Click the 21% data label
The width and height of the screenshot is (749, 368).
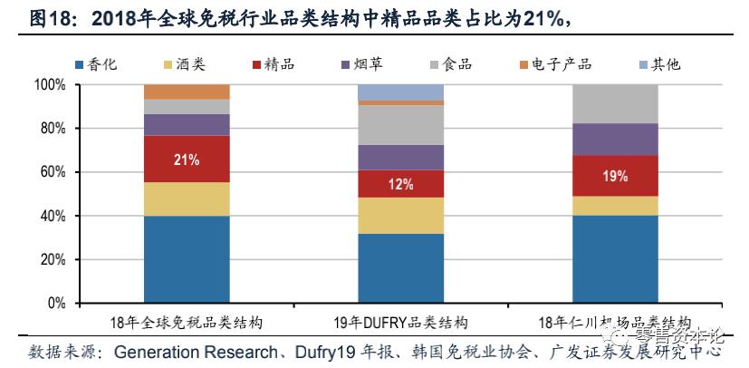tap(187, 160)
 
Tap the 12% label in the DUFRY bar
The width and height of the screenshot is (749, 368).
tap(401, 184)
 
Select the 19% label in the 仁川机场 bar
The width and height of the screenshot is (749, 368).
tap(615, 176)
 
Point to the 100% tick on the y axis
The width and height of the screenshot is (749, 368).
tap(51, 85)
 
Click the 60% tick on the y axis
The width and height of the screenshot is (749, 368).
tap(53, 172)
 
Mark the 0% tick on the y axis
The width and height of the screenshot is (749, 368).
tap(57, 303)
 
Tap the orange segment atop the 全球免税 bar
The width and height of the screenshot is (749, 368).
tap(187, 92)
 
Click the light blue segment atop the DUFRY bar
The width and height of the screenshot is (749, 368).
tap(401, 92)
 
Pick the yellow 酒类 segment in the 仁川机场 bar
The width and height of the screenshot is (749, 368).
tap(615, 206)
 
